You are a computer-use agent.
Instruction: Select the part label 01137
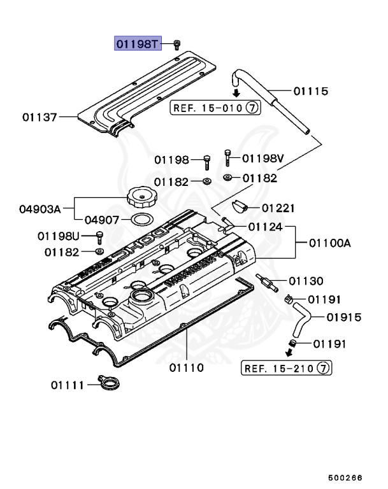40,117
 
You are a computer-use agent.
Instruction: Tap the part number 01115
310,92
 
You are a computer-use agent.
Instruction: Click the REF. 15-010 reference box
215,108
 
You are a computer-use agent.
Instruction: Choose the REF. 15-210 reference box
287,368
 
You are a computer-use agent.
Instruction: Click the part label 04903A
40,208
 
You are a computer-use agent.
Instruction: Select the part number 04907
102,220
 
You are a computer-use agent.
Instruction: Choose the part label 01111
68,385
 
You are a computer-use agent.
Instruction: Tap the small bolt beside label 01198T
176,43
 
